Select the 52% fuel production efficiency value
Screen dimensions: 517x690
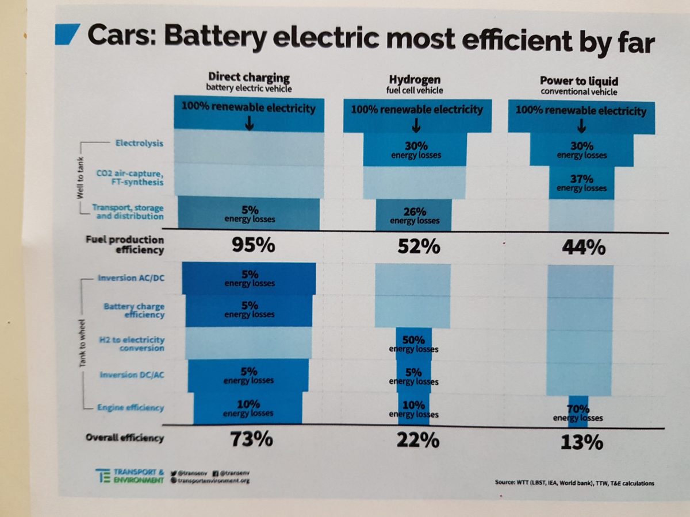click(x=419, y=246)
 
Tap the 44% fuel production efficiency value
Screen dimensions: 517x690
click(x=582, y=248)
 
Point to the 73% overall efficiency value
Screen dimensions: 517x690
click(x=251, y=439)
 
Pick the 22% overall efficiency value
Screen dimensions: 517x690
click(x=418, y=441)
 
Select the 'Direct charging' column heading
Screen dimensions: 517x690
click(x=249, y=77)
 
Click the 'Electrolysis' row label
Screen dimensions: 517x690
click(x=140, y=144)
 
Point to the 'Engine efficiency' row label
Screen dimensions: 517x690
click(x=131, y=407)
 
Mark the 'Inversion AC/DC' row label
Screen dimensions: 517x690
click(x=131, y=279)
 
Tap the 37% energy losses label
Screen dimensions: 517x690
click(x=581, y=183)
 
